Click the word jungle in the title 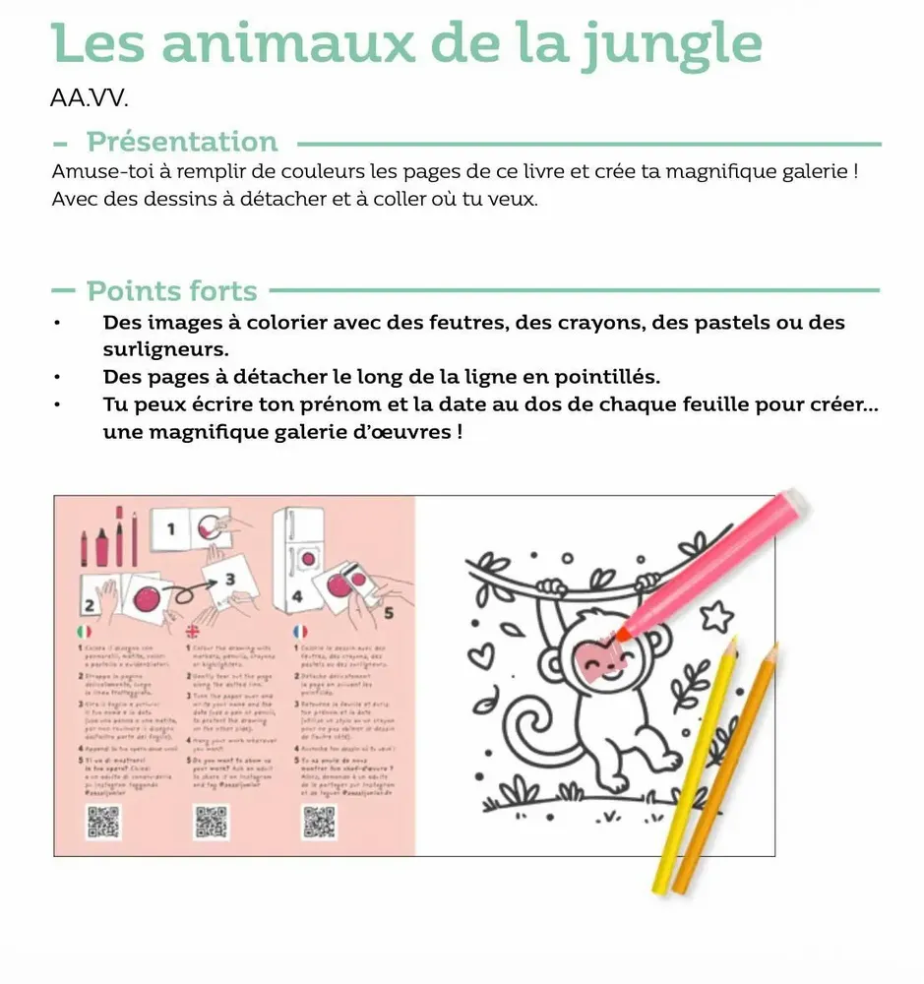(x=670, y=43)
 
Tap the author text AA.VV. (x=89, y=99)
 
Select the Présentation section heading (x=182, y=142)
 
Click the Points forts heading (x=172, y=291)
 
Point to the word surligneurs (x=165, y=349)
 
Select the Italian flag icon (x=84, y=631)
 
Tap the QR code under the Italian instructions (x=102, y=822)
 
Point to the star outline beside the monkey (x=715, y=616)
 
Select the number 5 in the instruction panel (x=388, y=613)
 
